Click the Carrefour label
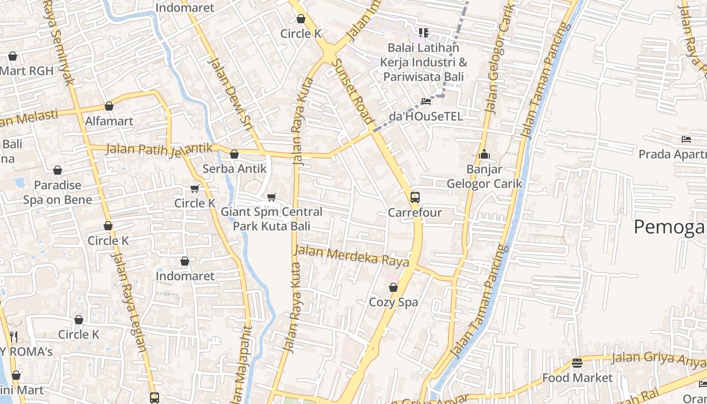pos(415,213)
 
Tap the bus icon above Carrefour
pos(415,197)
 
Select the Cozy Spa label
pos(393,302)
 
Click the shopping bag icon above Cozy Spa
pos(393,288)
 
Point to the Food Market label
pos(577,378)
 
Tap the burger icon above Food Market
pos(577,363)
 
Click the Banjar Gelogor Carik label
pos(484,176)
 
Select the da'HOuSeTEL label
pos(426,117)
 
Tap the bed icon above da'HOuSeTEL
pos(426,101)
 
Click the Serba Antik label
pos(234,169)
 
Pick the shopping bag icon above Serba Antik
pos(234,154)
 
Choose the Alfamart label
pos(109,121)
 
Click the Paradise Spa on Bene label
pos(58,192)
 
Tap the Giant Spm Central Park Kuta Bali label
pos(271,219)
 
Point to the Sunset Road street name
pos(353,91)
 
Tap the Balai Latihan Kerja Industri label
pos(423,63)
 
